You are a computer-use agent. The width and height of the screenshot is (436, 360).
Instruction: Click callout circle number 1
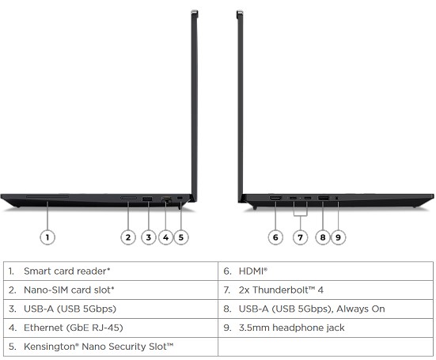click(x=47, y=237)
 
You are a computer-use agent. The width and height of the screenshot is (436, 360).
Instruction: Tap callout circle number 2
click(x=128, y=237)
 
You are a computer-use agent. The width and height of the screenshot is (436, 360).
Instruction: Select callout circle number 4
click(x=165, y=237)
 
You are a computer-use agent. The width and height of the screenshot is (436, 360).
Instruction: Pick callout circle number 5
click(x=181, y=237)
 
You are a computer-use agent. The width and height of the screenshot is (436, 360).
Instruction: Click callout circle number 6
click(x=275, y=237)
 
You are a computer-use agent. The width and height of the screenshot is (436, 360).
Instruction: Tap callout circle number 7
click(x=300, y=237)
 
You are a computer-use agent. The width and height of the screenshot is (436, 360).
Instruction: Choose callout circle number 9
click(x=338, y=237)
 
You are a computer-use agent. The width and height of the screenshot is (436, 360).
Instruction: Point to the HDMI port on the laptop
click(x=275, y=198)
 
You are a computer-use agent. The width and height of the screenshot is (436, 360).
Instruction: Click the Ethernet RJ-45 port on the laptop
click(x=166, y=199)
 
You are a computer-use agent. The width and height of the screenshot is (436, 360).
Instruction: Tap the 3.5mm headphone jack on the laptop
click(x=337, y=199)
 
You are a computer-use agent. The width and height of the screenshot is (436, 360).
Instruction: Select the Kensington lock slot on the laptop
click(x=180, y=198)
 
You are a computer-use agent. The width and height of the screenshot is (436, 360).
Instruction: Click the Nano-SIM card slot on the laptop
click(x=128, y=198)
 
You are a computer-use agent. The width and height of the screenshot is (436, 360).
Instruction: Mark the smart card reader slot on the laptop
click(x=47, y=197)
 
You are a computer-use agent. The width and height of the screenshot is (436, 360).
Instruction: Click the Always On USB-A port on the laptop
click(x=323, y=199)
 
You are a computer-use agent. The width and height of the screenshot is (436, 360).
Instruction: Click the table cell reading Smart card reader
click(x=111, y=271)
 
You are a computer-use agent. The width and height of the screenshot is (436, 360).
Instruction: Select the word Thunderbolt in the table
click(x=280, y=290)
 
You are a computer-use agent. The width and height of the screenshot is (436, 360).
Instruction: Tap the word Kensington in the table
click(x=50, y=347)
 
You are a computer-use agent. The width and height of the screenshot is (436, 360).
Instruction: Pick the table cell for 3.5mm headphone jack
click(x=325, y=328)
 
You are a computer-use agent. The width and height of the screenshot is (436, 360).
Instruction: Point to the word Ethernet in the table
click(x=44, y=328)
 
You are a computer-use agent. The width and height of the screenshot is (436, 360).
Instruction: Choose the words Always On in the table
click(x=361, y=309)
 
